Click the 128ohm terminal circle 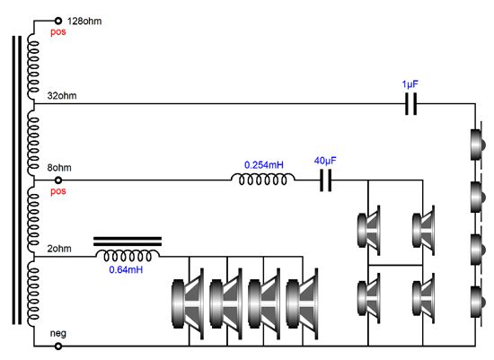[x=58, y=21]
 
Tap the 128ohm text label [x=84, y=22]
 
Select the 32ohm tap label [x=62, y=96]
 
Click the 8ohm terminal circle [x=58, y=180]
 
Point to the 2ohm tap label [x=59, y=249]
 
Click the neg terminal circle [x=58, y=347]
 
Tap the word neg [x=58, y=333]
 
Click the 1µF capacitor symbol [x=410, y=103]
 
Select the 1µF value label [x=410, y=84]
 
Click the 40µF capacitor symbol [x=325, y=180]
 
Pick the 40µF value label [x=325, y=161]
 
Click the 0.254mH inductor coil [x=263, y=179]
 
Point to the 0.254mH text [x=264, y=164]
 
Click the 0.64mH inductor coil [x=128, y=256]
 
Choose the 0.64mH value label [x=126, y=269]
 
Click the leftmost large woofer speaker [x=188, y=303]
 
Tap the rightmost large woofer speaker [x=302, y=303]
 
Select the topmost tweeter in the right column [x=478, y=144]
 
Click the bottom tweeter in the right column [x=478, y=302]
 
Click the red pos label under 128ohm [x=58, y=31]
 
